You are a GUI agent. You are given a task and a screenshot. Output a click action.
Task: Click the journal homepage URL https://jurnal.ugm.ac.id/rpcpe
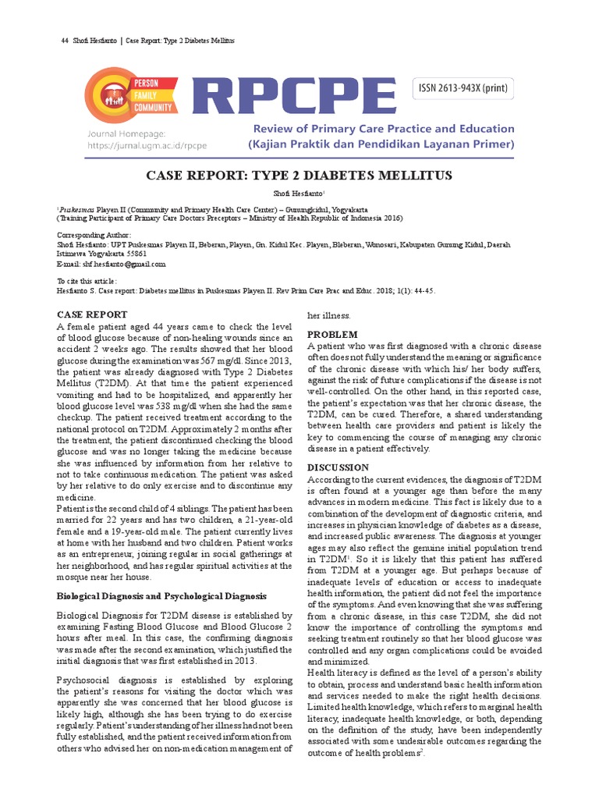(x=147, y=146)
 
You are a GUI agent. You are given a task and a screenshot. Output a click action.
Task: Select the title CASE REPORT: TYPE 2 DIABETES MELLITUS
(x=299, y=176)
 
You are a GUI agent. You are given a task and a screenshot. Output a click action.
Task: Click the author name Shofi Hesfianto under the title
(x=299, y=192)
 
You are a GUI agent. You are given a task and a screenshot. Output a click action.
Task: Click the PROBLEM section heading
(x=333, y=334)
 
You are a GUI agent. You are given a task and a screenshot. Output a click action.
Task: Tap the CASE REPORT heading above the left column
(x=92, y=314)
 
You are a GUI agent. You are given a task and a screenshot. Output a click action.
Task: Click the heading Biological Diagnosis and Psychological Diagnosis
(x=162, y=595)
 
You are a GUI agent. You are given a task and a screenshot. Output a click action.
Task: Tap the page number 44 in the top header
(x=65, y=41)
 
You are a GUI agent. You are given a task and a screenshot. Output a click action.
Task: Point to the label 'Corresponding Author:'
(x=94, y=235)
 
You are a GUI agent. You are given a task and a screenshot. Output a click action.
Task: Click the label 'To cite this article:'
(x=87, y=280)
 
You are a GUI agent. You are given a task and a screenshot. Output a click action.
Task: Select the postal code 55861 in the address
(x=134, y=254)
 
